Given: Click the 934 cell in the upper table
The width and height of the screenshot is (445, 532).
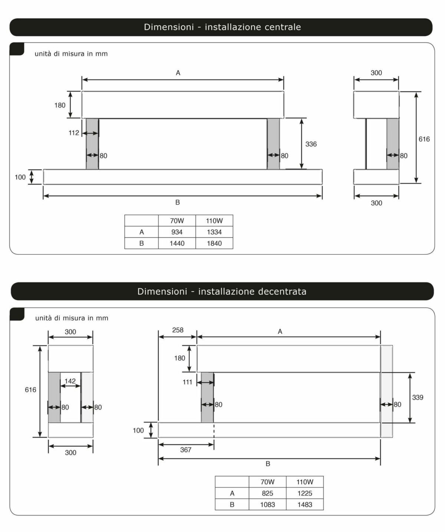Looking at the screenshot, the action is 177,232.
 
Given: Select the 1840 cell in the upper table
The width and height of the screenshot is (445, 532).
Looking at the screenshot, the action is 214,243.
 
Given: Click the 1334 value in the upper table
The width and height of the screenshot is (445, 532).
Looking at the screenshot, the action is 214,232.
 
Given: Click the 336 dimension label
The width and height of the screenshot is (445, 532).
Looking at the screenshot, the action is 311,144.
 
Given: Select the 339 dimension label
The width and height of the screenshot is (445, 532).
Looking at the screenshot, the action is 418,397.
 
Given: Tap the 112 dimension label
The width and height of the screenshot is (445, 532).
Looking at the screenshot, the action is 74,133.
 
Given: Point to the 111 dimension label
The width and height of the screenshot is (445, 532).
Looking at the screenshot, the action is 187,382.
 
